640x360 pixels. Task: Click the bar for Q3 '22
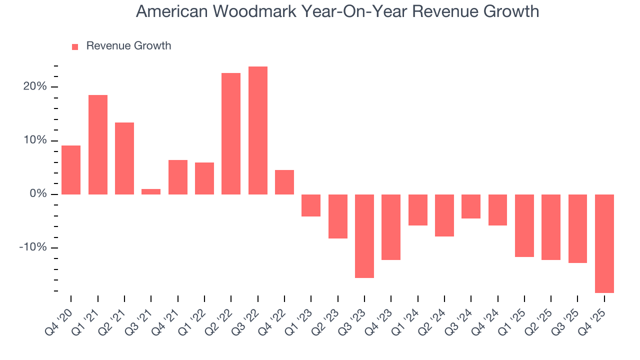coord(257,130)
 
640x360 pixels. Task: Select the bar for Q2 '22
coord(231,133)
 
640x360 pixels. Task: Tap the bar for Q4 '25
coord(604,243)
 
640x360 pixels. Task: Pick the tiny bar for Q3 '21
coord(151,191)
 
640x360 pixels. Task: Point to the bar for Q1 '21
coord(98,144)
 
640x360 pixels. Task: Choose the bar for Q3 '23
coord(364,236)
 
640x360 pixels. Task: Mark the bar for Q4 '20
coord(71,169)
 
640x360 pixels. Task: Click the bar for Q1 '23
coord(311,205)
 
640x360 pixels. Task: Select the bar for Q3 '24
coord(471,206)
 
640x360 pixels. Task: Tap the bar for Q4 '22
coord(284,182)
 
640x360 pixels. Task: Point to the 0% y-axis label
coord(38,194)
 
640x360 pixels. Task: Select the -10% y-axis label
coord(33,248)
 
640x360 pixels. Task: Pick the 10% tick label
coord(35,140)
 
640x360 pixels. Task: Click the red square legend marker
coord(75,47)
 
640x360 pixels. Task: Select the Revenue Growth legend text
coord(128,46)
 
